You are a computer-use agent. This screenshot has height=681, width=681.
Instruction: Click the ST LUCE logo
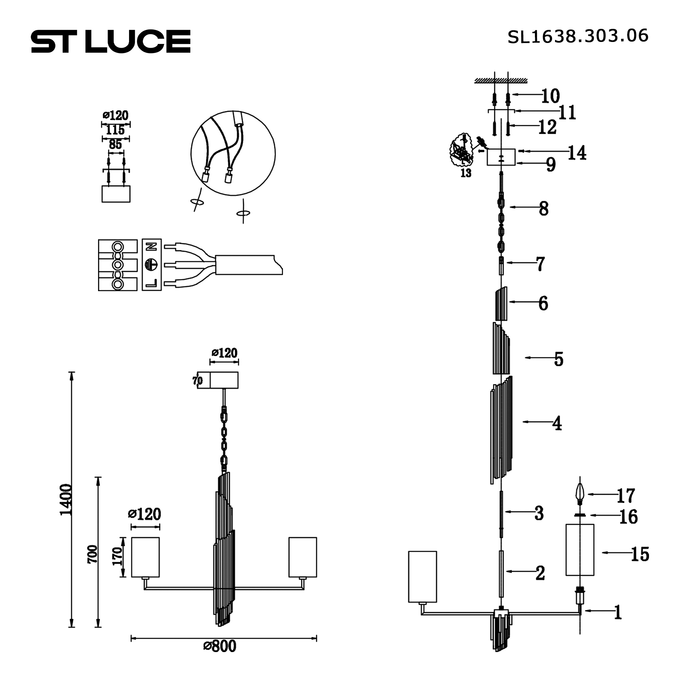[111, 42]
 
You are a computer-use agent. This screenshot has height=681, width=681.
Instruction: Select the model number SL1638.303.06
[577, 36]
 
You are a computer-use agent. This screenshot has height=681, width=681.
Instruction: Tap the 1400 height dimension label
[66, 500]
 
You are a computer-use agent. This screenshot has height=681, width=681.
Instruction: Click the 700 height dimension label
[92, 554]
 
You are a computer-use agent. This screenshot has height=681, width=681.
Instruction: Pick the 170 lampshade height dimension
[117, 557]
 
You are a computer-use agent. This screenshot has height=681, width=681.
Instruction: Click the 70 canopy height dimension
[197, 381]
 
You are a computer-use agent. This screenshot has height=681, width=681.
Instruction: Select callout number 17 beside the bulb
[625, 495]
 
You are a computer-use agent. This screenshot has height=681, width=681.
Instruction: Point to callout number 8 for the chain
[543, 209]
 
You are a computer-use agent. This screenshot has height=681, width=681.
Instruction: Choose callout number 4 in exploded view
[557, 423]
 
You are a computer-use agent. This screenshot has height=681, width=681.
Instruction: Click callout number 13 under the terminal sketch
[465, 173]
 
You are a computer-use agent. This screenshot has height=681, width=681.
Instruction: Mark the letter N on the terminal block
[152, 247]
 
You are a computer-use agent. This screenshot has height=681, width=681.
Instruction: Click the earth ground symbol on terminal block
[152, 264]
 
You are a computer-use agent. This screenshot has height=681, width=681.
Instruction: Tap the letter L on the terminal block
[152, 283]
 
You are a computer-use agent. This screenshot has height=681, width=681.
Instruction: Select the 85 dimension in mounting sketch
[115, 144]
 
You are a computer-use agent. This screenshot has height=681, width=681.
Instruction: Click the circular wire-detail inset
[233, 153]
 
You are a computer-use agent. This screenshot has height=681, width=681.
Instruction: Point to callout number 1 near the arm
[618, 612]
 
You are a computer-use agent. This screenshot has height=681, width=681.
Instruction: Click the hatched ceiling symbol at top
[501, 81]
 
